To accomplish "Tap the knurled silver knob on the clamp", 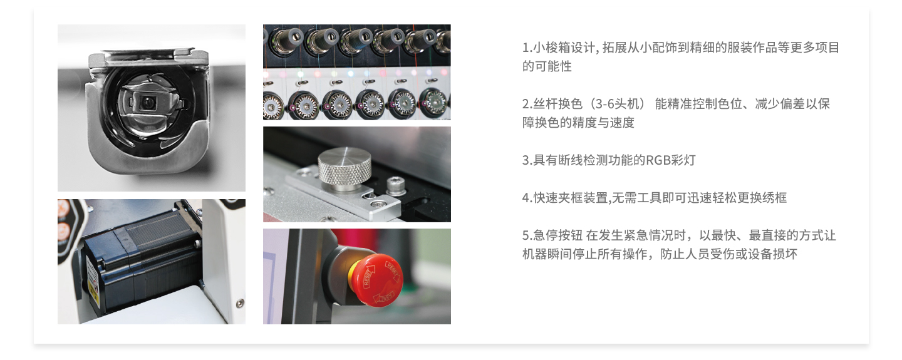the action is [345, 169].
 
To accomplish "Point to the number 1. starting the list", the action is [527, 48].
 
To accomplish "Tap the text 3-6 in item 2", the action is [604, 104].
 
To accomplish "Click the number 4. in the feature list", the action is [527, 198].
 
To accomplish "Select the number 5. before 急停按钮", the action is [527, 235].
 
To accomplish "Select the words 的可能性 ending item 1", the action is [547, 66].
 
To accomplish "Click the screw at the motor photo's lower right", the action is [239, 303].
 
